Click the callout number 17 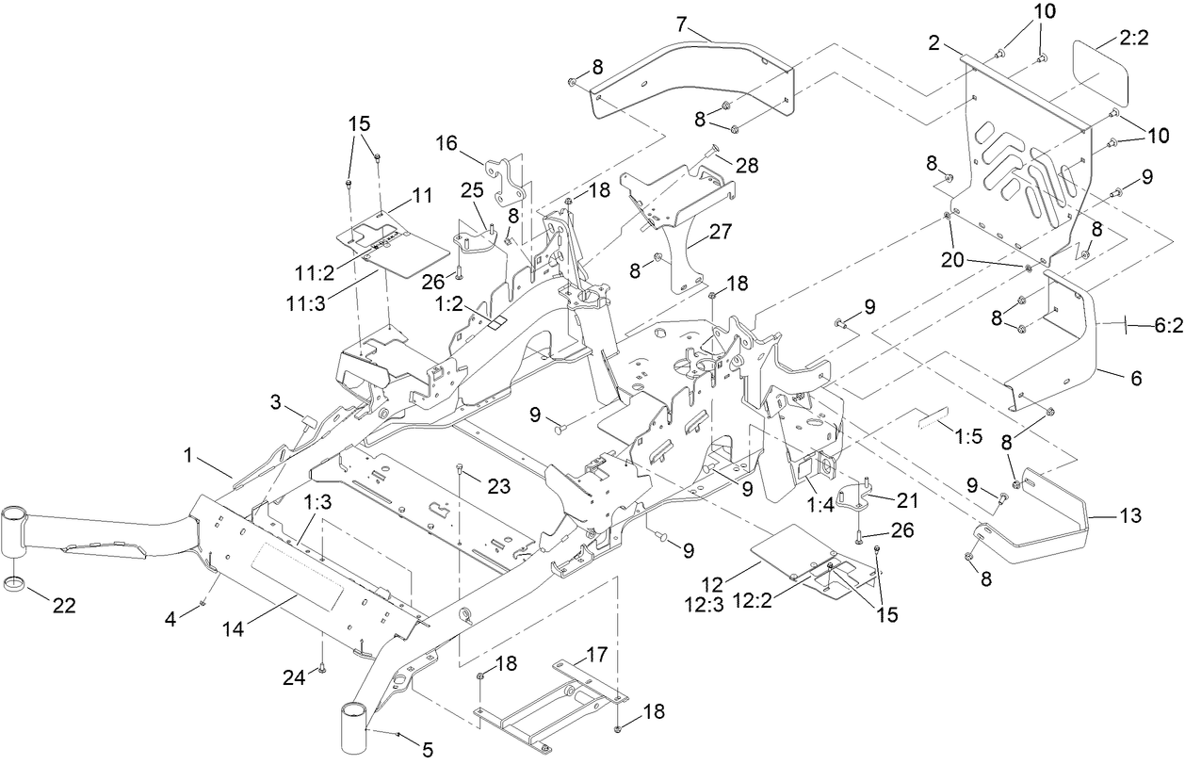pos(596,653)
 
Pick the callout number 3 pos(275,402)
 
